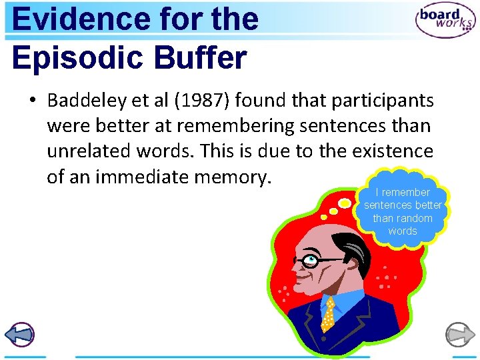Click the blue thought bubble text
403,211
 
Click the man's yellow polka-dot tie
329,315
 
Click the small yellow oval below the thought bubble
345,203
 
